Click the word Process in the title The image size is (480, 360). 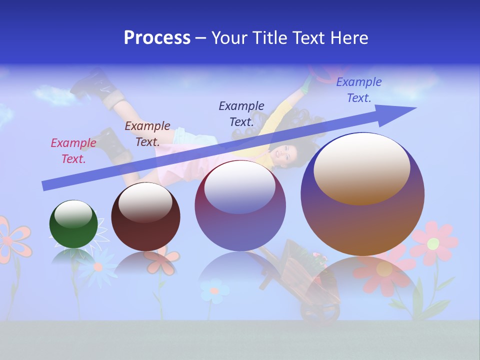157,37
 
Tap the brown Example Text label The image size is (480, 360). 147,134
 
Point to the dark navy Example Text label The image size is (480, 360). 241,113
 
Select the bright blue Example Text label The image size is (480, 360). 358,90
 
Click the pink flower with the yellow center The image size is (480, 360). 433,243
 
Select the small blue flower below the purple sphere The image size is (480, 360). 214,290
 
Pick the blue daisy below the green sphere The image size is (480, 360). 98,267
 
